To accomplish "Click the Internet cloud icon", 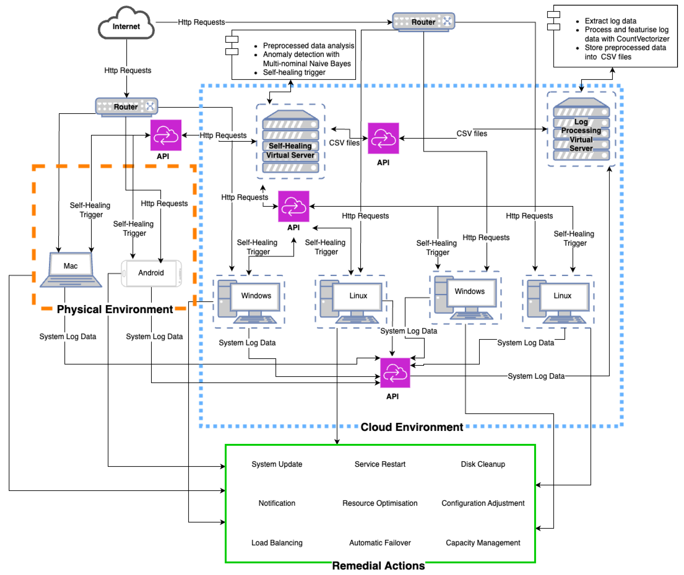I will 126,24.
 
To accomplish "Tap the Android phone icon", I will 151,273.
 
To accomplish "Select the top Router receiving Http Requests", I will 423,22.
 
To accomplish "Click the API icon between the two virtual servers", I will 383,138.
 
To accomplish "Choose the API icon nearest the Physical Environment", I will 166,135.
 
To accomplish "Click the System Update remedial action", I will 277,464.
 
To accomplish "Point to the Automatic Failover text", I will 380,542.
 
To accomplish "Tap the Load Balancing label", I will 277,542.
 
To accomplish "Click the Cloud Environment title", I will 412,427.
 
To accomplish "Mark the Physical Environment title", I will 115,309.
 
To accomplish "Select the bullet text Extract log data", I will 610,21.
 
